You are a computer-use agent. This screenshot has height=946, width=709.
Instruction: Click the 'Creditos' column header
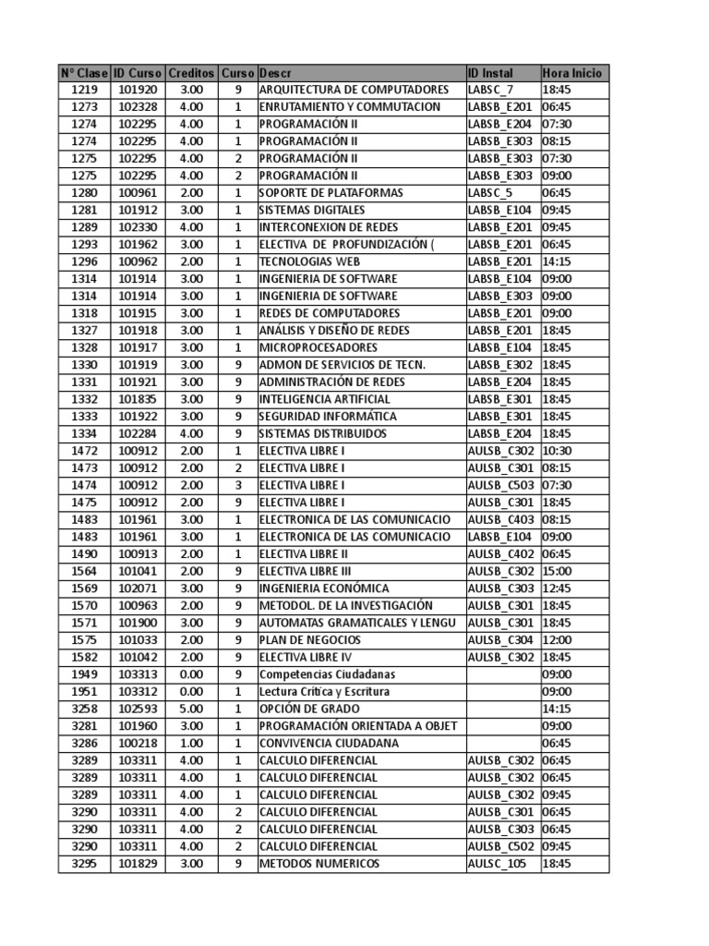[192, 73]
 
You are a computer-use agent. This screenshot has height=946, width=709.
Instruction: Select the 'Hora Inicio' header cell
[572, 73]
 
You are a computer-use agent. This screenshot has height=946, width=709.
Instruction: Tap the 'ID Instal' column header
[490, 73]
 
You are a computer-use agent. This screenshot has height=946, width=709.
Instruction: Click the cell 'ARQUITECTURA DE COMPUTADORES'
[354, 90]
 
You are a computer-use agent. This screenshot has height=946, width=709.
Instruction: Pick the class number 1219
[84, 90]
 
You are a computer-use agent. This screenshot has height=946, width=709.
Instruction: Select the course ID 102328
[138, 107]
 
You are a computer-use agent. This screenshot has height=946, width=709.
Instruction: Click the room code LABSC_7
[490, 90]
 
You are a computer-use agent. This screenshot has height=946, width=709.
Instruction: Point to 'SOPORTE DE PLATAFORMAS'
[331, 193]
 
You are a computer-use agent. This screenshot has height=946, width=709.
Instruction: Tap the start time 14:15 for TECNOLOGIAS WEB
[557, 261]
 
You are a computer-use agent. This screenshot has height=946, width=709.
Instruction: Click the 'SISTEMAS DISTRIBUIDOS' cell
[322, 433]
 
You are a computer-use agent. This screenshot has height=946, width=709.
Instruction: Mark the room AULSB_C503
[500, 485]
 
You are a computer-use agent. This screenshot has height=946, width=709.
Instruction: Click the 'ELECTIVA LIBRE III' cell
[305, 571]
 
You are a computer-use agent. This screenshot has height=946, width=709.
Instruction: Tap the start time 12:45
[557, 588]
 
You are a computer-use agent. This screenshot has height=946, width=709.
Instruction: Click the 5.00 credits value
[192, 709]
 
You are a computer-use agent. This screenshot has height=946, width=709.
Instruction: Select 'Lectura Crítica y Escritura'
[324, 692]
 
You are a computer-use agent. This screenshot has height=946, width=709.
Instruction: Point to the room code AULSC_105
[497, 864]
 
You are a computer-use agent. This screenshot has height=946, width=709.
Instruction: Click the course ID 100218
[138, 744]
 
